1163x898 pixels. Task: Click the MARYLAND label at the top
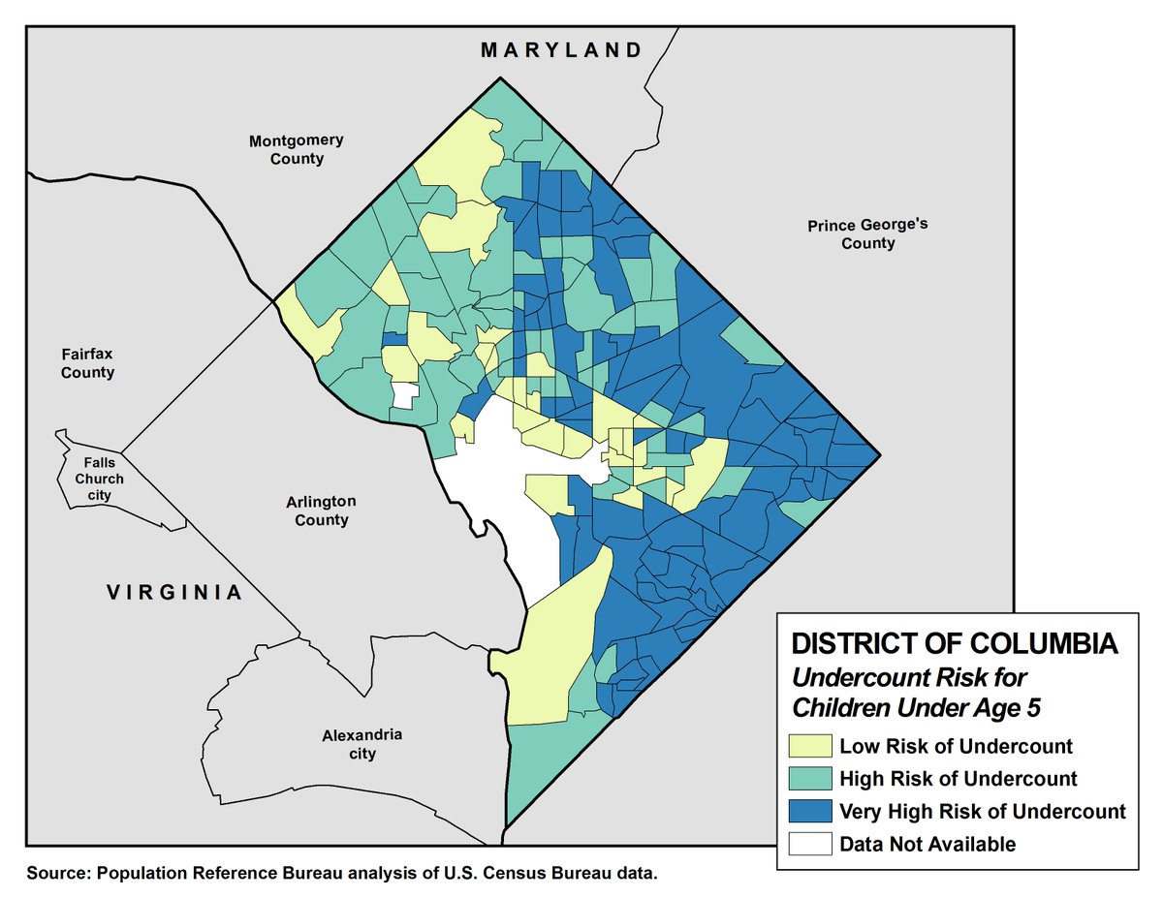pos(561,50)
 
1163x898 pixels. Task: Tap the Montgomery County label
pos(296,149)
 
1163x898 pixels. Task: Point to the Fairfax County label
pos(87,363)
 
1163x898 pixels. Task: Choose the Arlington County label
pos(321,511)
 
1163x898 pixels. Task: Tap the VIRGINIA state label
pos(173,592)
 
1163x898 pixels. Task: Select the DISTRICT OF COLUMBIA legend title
pos(955,644)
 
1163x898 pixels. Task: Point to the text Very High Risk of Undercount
pos(982,812)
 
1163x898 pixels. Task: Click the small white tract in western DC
pos(404,395)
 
